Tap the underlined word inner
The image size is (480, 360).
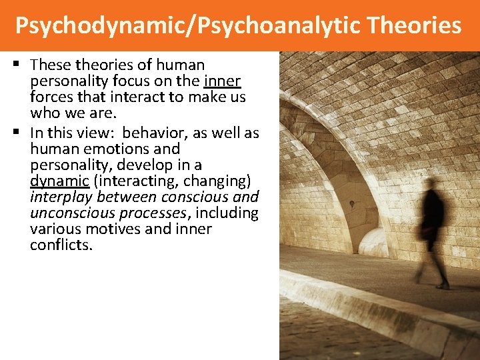point(223,81)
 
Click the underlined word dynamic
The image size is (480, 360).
point(59,181)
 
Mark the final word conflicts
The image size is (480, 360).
point(61,245)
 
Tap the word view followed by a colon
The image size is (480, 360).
point(103,133)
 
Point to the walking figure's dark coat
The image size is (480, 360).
point(433,217)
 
